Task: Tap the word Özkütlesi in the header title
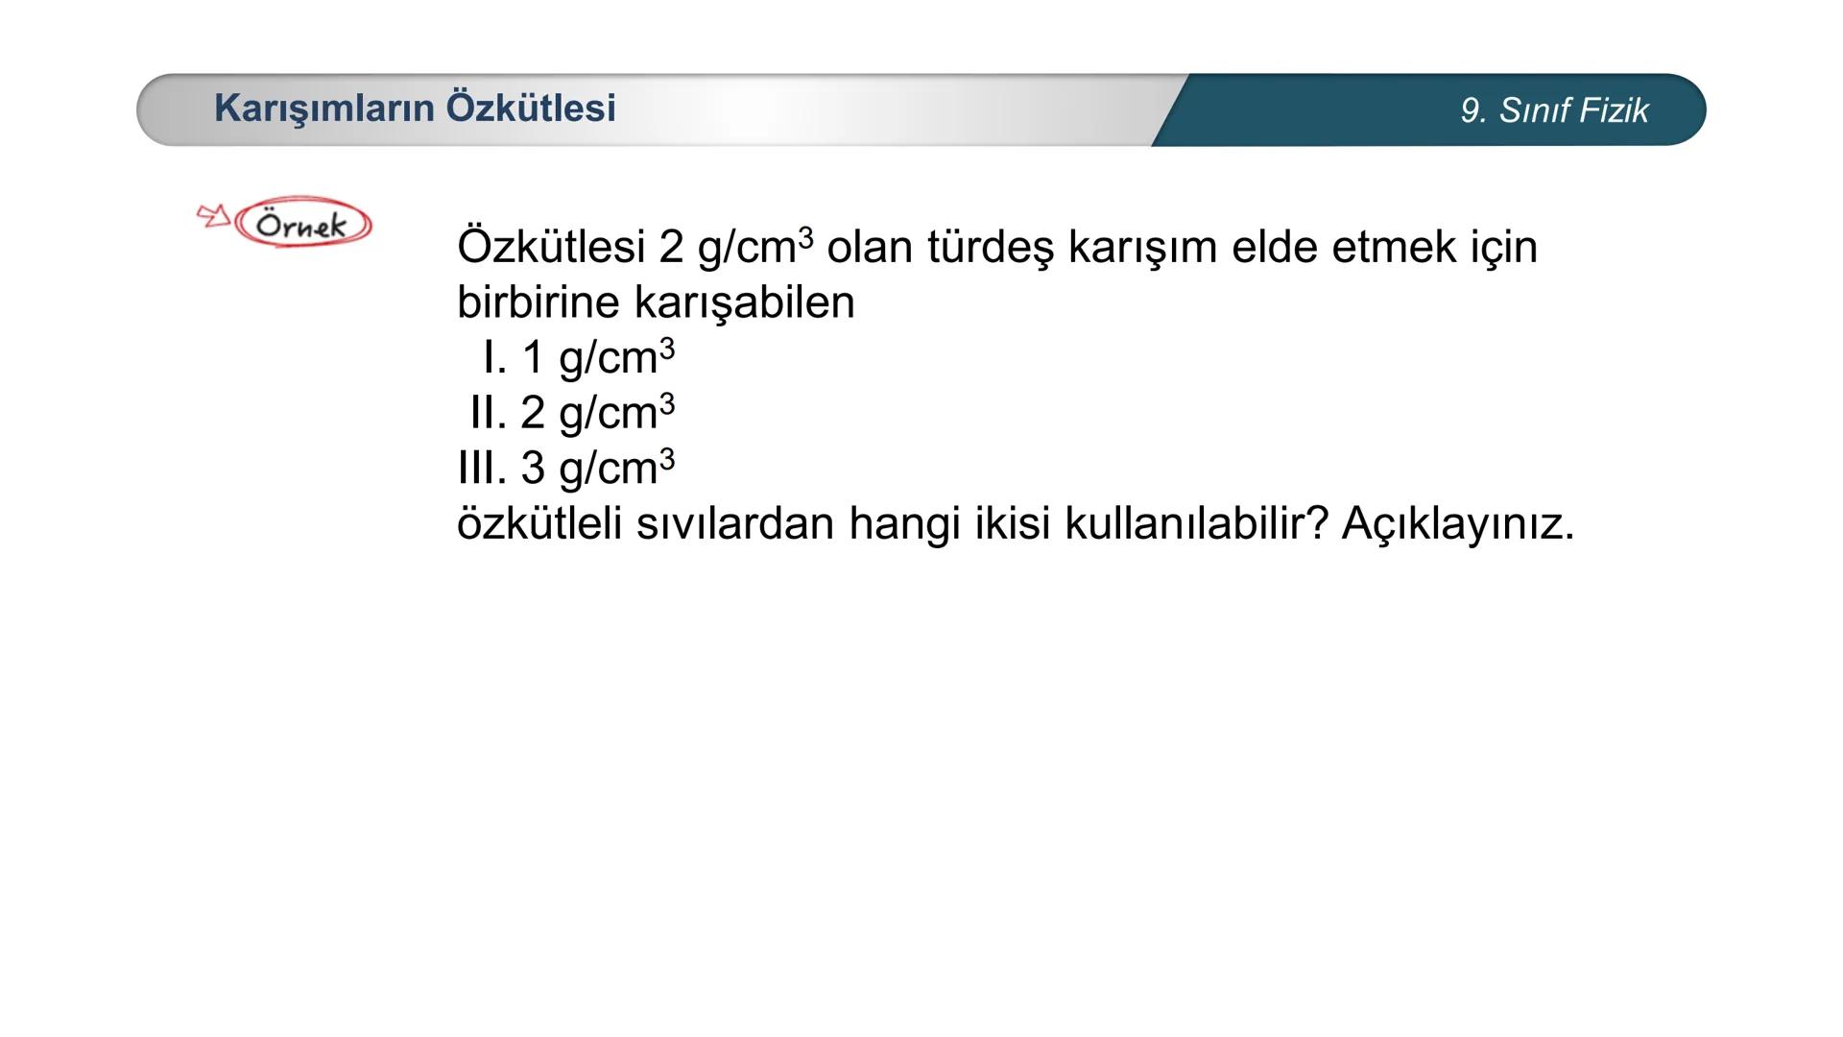click(x=531, y=108)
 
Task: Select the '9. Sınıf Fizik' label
click(x=1553, y=110)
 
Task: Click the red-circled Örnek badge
click(x=302, y=224)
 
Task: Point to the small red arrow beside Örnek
click(x=213, y=215)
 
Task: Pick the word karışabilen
click(x=744, y=302)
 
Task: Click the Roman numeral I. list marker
click(x=494, y=358)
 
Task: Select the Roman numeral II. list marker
click(x=488, y=413)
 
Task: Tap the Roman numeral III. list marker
click(x=481, y=469)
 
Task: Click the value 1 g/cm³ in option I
click(x=597, y=358)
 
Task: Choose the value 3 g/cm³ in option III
click(x=597, y=469)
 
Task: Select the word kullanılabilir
click(x=1196, y=524)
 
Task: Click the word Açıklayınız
click(x=1457, y=524)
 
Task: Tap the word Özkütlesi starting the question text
click(x=550, y=247)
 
